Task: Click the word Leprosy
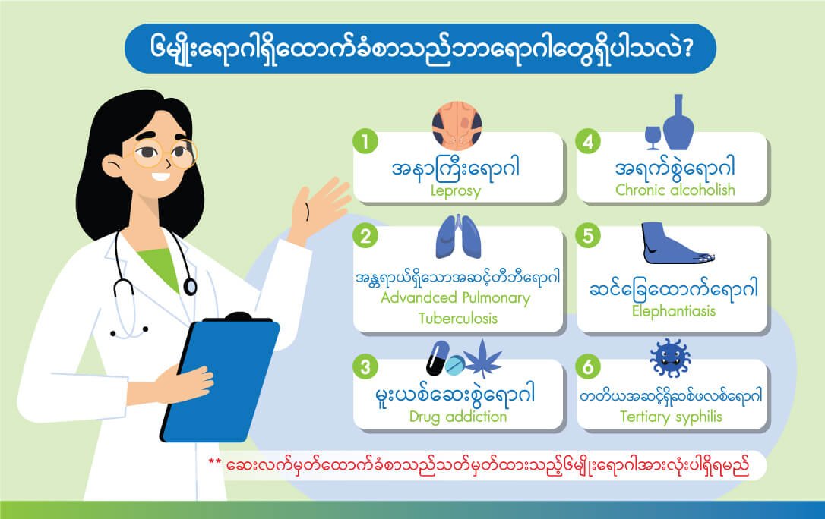point(456,190)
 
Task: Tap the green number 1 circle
point(365,142)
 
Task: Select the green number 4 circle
point(588,142)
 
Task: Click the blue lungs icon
point(458,237)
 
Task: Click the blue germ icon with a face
point(670,358)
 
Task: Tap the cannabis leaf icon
point(482,357)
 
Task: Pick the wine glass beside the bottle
point(653,137)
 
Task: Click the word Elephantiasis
point(674,311)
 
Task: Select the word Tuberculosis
point(458,319)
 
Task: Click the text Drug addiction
point(458,417)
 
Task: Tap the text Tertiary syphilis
point(671,417)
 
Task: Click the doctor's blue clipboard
point(221,378)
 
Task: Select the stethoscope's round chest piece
point(190,287)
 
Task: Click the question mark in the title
point(684,49)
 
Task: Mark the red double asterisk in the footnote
point(215,462)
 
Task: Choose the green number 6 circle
point(588,366)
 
